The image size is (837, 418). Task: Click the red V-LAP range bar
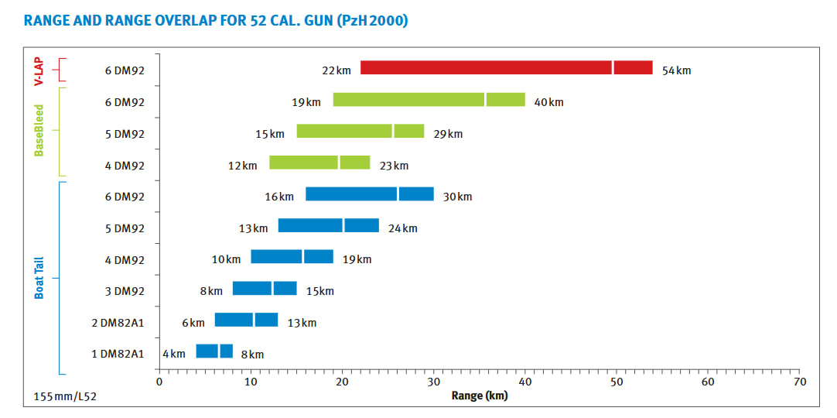click(507, 68)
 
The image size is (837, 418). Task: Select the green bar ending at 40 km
click(429, 100)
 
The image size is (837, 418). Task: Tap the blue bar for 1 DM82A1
click(214, 351)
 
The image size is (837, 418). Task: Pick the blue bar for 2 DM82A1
click(247, 320)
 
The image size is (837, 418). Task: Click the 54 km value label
click(676, 71)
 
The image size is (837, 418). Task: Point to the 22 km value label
click(337, 70)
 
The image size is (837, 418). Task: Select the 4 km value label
click(174, 354)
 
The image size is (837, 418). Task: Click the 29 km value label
click(448, 134)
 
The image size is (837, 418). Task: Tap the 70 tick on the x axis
click(799, 382)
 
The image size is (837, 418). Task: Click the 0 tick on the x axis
click(159, 382)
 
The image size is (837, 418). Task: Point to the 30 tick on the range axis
click(433, 382)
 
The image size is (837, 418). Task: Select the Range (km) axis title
click(480, 396)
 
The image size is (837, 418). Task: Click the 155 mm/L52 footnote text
click(66, 397)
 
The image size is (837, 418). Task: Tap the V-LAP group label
click(39, 70)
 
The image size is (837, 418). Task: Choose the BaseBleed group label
click(39, 131)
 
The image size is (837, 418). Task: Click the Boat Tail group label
click(39, 278)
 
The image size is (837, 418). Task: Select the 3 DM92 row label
click(125, 291)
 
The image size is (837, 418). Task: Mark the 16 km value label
click(279, 197)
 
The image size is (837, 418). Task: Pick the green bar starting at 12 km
click(319, 163)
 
